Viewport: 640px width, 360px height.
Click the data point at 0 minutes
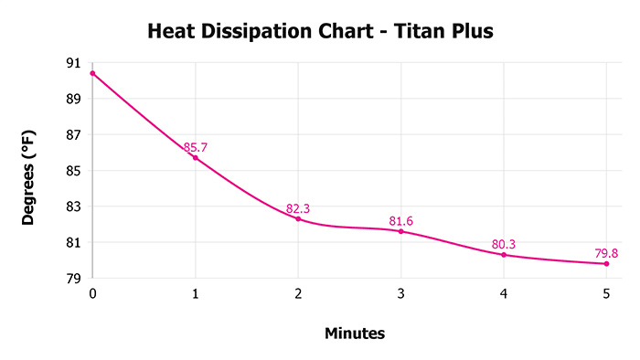(x=92, y=73)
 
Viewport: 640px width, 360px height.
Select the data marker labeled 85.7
(x=196, y=158)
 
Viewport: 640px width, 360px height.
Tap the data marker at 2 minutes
(x=298, y=218)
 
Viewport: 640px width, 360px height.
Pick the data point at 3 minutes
(x=400, y=231)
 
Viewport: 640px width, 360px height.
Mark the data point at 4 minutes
(x=504, y=254)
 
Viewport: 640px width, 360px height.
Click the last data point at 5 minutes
(x=606, y=263)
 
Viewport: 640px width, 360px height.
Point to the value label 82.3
(x=298, y=208)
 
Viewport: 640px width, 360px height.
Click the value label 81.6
(x=400, y=221)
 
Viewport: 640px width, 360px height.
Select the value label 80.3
(x=504, y=244)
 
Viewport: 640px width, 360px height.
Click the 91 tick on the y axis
(x=72, y=63)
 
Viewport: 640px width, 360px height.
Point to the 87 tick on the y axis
(x=72, y=135)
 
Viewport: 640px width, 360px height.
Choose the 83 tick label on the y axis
(x=72, y=206)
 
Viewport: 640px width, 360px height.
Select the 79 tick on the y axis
(x=72, y=279)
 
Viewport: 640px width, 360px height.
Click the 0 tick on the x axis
(x=92, y=293)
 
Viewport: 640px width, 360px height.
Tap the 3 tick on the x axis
(x=400, y=293)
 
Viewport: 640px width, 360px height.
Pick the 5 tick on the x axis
(x=606, y=293)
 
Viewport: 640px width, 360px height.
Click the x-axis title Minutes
(x=355, y=334)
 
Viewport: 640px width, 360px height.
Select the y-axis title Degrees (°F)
(x=30, y=177)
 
